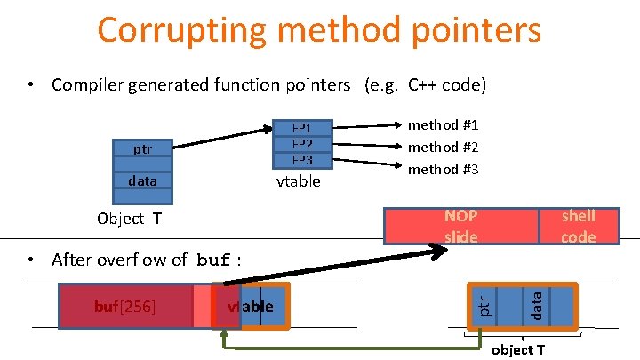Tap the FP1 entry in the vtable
point(302,127)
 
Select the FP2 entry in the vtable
point(302,143)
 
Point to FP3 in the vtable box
point(302,159)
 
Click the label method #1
point(443,125)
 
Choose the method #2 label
point(443,147)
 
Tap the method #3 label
point(443,168)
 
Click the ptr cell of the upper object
point(142,148)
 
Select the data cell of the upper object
point(142,180)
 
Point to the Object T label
point(129,219)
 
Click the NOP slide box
point(460,226)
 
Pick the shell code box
point(578,226)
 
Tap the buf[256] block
point(125,307)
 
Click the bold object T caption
point(518,349)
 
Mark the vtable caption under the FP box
point(299,181)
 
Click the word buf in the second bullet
point(213,260)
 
